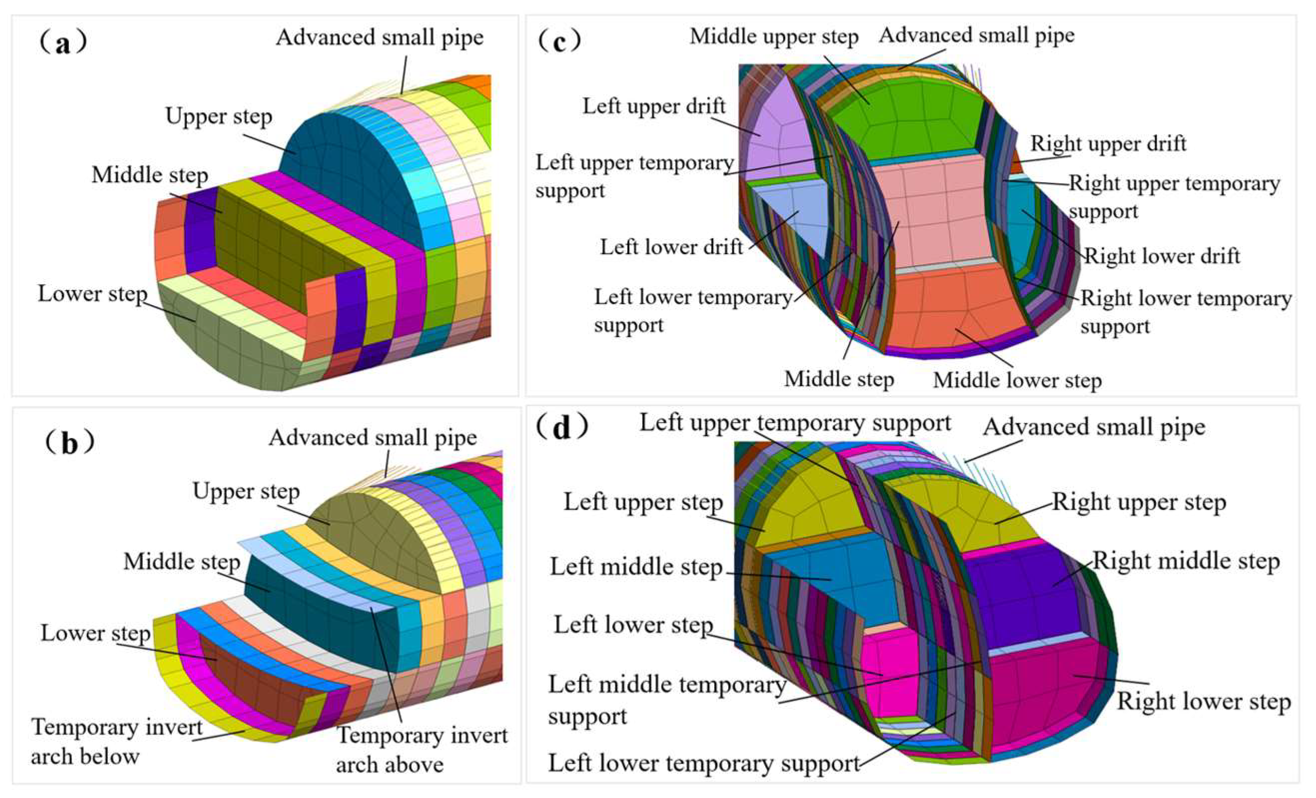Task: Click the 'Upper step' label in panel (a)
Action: (218, 116)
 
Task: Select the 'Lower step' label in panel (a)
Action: (92, 294)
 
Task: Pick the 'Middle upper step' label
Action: (774, 37)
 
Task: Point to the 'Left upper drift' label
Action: (654, 106)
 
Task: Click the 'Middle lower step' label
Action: (1017, 381)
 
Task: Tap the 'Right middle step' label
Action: (1186, 561)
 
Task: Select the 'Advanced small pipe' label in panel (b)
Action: (373, 438)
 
